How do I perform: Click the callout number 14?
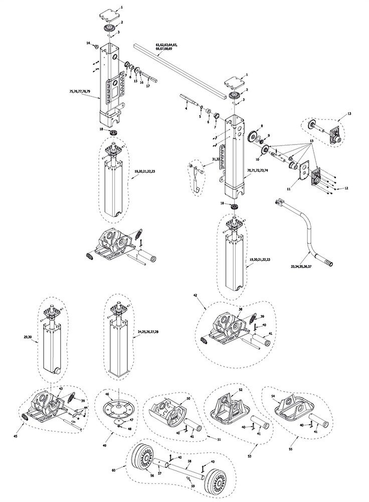pyautogui.click(x=88, y=44)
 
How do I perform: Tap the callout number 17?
pyautogui.click(x=148, y=86)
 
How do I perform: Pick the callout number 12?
pyautogui.click(x=345, y=188)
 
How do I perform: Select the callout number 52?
pyautogui.click(x=240, y=390)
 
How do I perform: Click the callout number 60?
pyautogui.click(x=113, y=470)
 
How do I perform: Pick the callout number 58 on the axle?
pyautogui.click(x=189, y=460)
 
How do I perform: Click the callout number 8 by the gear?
pyautogui.click(x=261, y=126)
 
